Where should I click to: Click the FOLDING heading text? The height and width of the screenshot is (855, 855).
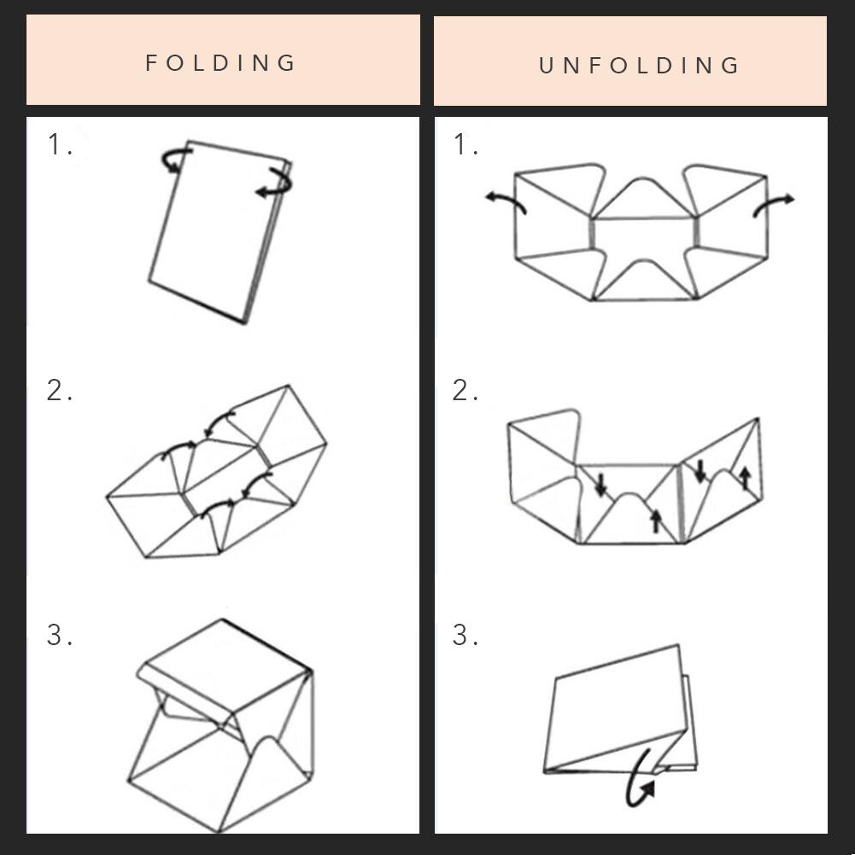[x=220, y=62]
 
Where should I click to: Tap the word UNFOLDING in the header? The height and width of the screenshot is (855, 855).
[x=639, y=66]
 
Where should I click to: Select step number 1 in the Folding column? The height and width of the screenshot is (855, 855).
[x=60, y=144]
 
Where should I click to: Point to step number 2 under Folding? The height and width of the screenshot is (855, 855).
[x=60, y=391]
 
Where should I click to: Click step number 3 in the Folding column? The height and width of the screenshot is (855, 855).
[x=60, y=635]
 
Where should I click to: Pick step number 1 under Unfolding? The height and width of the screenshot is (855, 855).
[x=466, y=144]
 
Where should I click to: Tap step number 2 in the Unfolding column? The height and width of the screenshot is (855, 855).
[x=466, y=391]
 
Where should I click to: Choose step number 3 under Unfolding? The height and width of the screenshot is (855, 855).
[x=466, y=635]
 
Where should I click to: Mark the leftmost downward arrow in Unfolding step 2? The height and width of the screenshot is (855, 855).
[x=601, y=485]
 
